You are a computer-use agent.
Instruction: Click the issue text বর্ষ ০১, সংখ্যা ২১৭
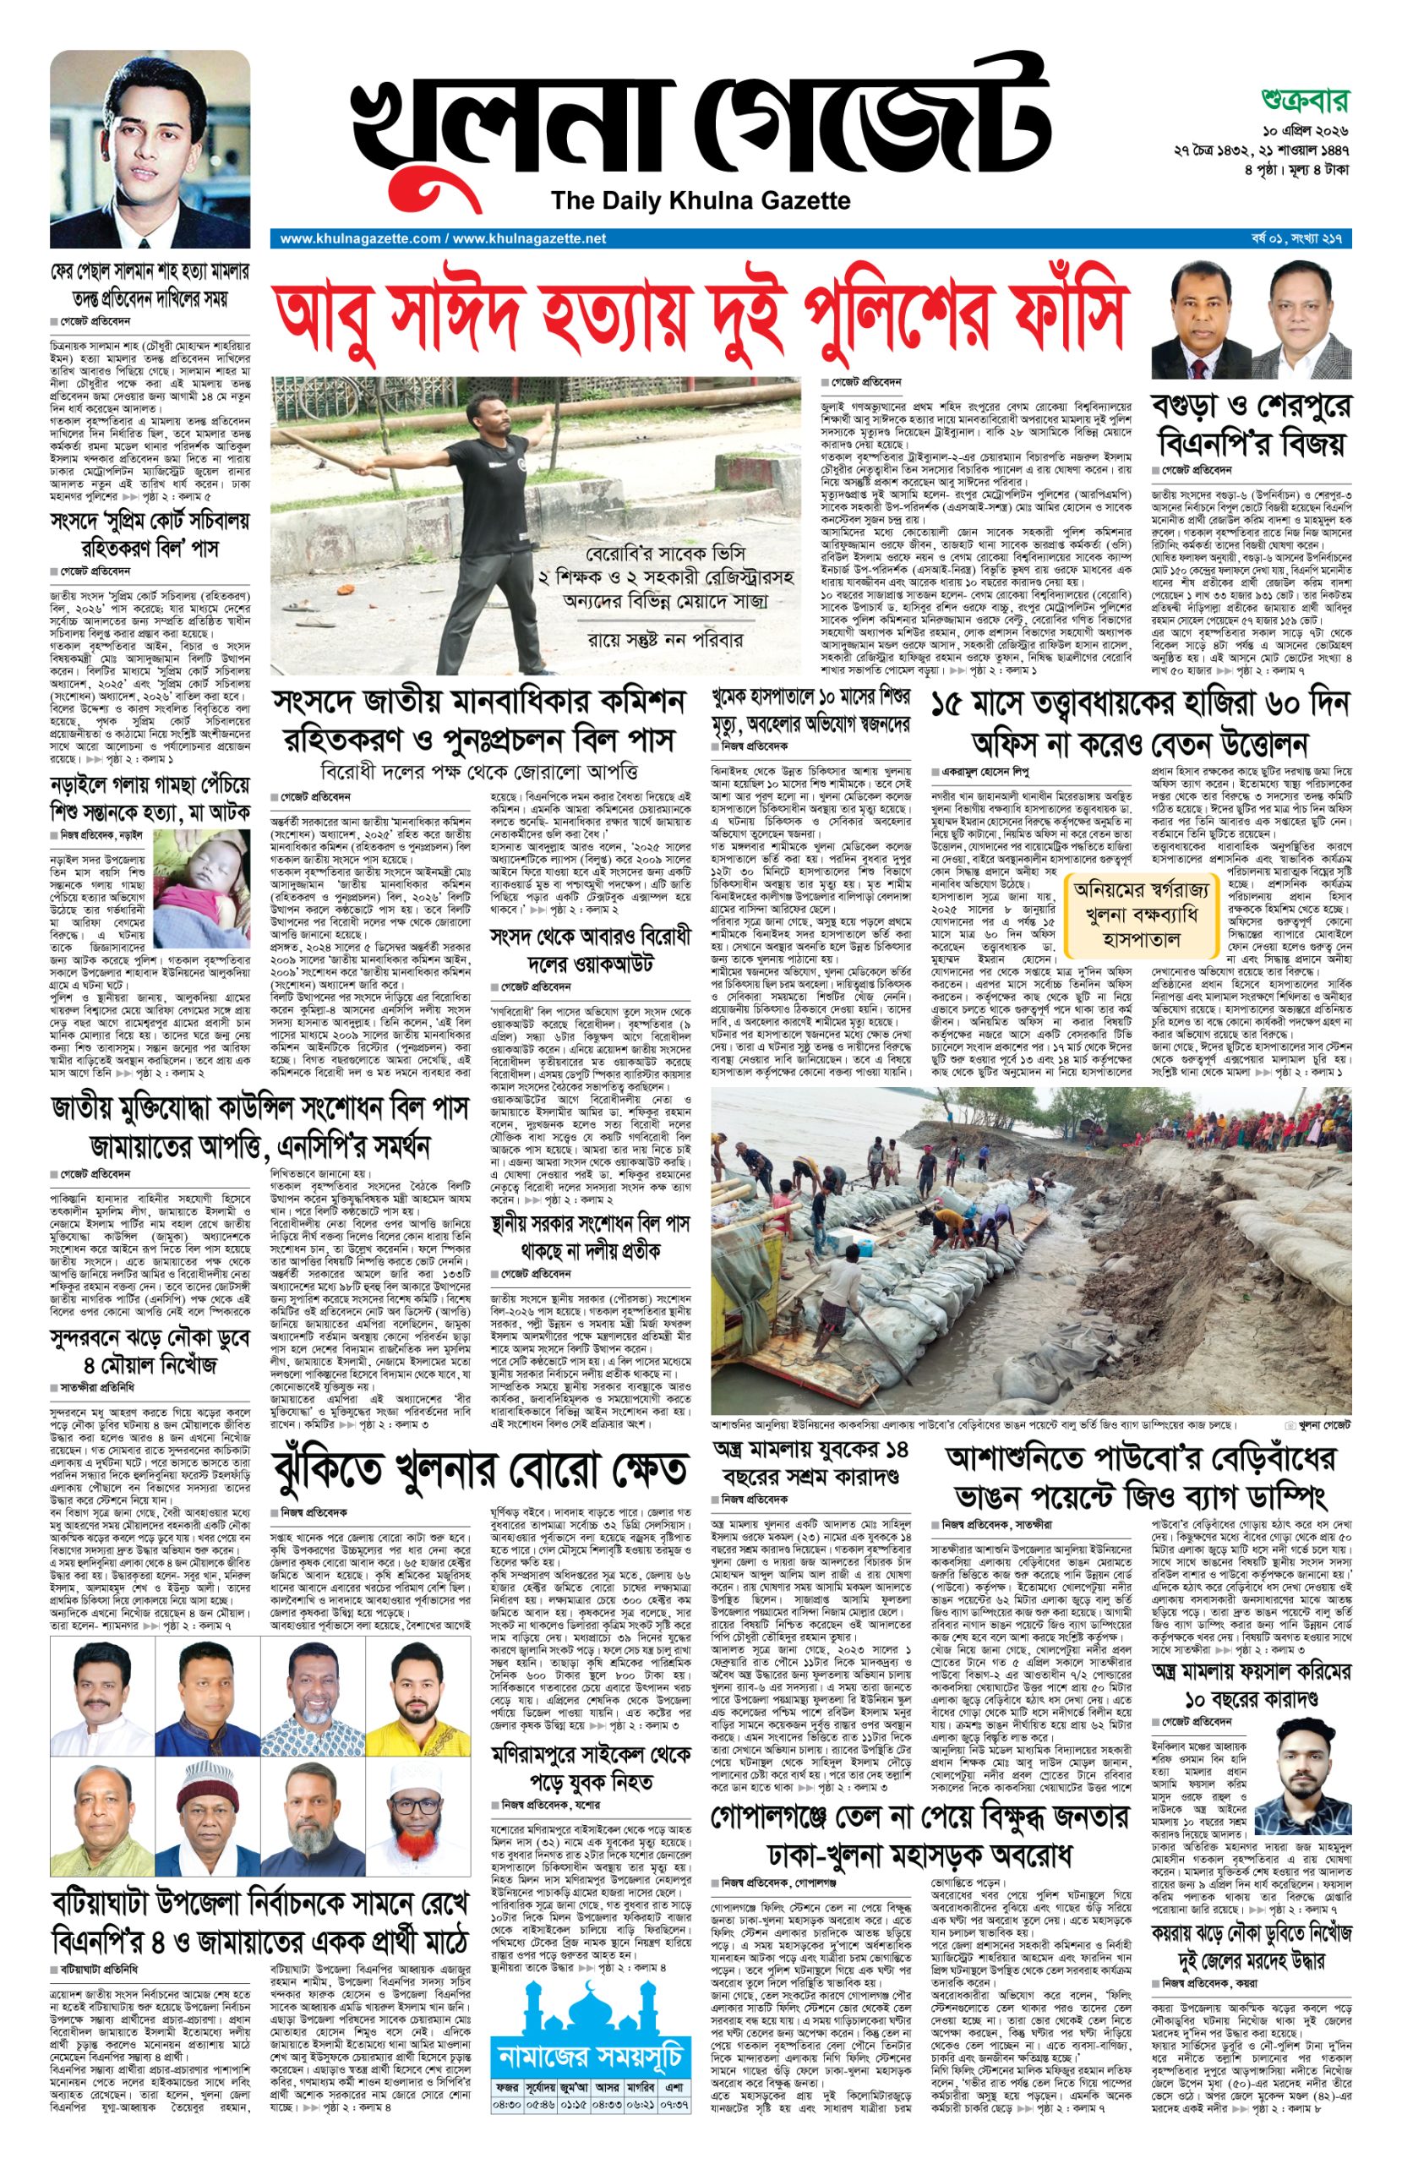pyautogui.click(x=1298, y=238)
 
